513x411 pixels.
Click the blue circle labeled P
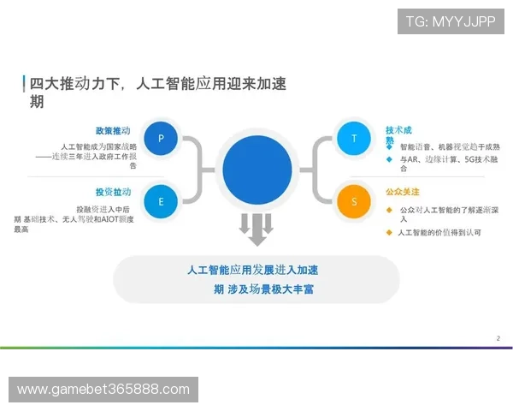pyautogui.click(x=162, y=138)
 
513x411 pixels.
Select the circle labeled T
pyautogui.click(x=352, y=138)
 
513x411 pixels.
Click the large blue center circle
pyautogui.click(x=257, y=170)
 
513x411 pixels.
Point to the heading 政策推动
pyautogui.click(x=113, y=131)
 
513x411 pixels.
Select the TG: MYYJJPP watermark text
pyautogui.click(x=450, y=21)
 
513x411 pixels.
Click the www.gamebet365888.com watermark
pyautogui.click(x=103, y=390)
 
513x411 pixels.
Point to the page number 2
pyautogui.click(x=498, y=338)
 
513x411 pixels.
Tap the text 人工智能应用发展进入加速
pyautogui.click(x=258, y=270)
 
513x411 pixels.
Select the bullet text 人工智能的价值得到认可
pyautogui.click(x=439, y=232)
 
